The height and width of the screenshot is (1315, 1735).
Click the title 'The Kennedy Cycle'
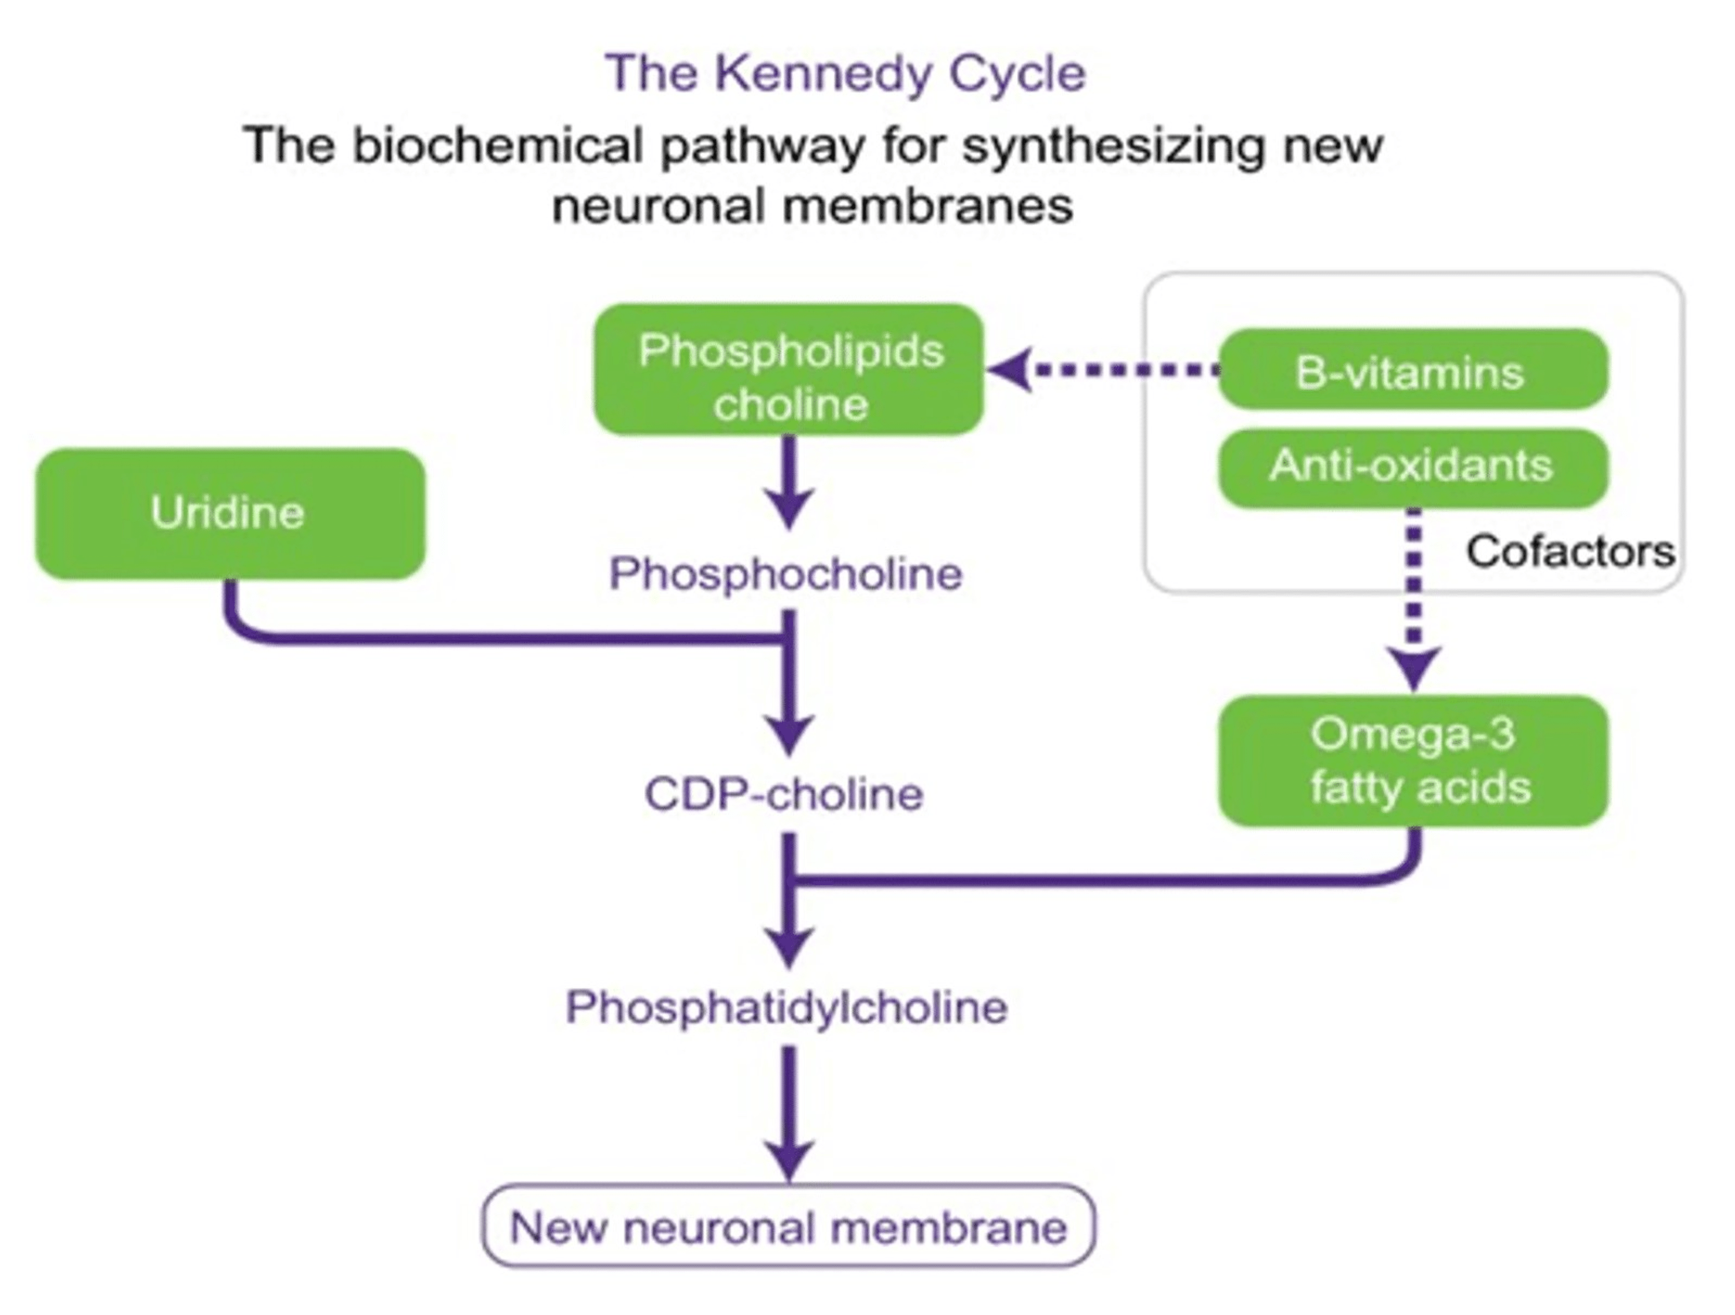pyautogui.click(x=846, y=73)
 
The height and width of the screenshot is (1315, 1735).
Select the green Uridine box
pyautogui.click(x=230, y=514)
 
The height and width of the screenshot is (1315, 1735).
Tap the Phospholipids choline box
pyautogui.click(x=788, y=370)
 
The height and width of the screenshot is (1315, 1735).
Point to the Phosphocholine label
pyautogui.click(x=786, y=574)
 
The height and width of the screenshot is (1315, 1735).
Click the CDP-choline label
pyautogui.click(x=784, y=795)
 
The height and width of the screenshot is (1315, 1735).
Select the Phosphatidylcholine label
pyautogui.click(x=787, y=1007)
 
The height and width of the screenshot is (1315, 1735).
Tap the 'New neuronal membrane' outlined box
pyautogui.click(x=788, y=1227)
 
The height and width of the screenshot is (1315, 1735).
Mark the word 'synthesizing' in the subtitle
pyautogui.click(x=1113, y=147)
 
